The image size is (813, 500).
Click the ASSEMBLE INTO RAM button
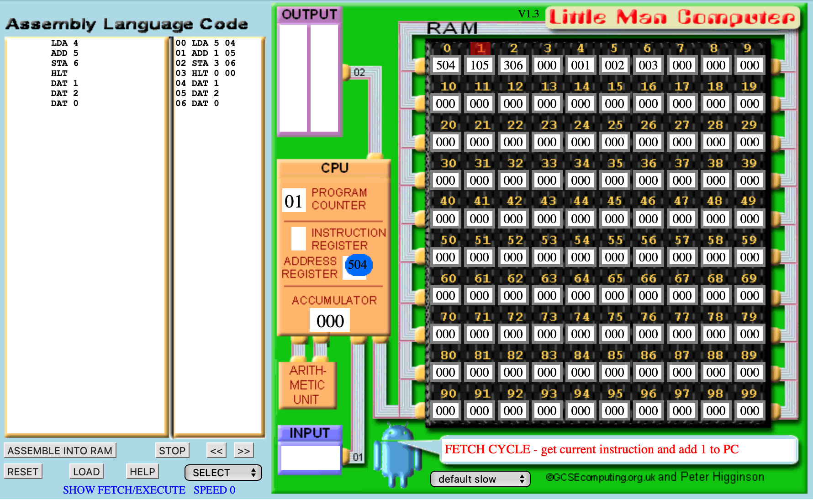click(60, 451)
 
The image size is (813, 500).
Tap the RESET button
click(23, 472)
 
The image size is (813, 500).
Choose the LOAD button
click(86, 472)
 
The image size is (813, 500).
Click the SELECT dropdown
click(223, 473)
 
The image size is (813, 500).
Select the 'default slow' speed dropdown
click(480, 479)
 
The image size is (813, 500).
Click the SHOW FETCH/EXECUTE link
click(124, 490)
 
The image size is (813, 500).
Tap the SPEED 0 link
click(214, 490)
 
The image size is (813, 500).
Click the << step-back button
click(216, 451)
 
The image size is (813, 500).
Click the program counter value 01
click(293, 201)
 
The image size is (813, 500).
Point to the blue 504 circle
click(359, 265)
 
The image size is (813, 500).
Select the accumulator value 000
click(330, 321)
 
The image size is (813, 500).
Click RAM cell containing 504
click(445, 65)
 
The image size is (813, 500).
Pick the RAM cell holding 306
click(513, 65)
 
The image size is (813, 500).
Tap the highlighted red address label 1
click(480, 48)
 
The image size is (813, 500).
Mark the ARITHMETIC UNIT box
click(307, 385)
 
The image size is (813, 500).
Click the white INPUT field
click(311, 457)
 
